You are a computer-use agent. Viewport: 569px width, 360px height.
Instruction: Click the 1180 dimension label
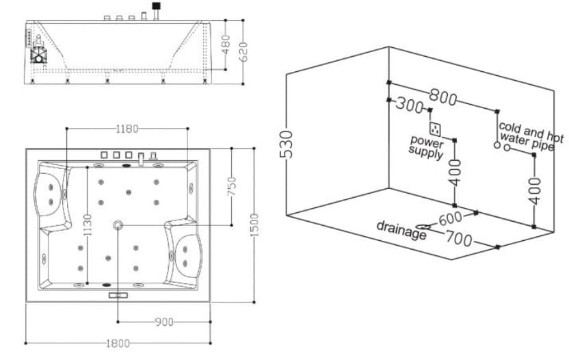tap(127, 129)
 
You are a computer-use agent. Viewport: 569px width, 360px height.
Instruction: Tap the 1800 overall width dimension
tap(118, 344)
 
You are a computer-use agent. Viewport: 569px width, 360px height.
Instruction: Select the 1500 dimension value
tap(254, 225)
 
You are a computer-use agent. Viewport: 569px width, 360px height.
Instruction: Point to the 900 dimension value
tap(164, 322)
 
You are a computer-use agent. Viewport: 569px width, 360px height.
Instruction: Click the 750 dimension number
tap(232, 187)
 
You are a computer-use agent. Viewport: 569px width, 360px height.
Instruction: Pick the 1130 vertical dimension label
tap(88, 225)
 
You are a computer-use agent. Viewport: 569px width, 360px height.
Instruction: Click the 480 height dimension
tap(226, 44)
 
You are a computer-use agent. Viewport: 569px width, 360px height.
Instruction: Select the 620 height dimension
tap(243, 52)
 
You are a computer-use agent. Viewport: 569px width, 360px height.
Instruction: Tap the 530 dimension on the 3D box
tap(287, 144)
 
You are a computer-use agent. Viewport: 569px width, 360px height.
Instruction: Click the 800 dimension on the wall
tap(442, 97)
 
